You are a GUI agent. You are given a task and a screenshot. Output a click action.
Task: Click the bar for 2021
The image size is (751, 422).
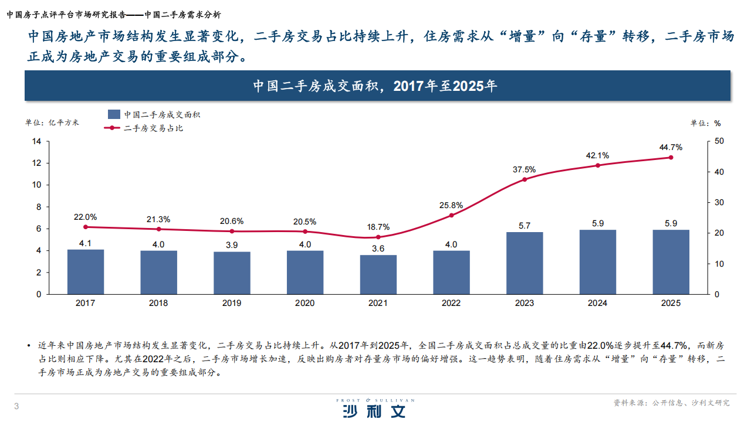tap(378, 274)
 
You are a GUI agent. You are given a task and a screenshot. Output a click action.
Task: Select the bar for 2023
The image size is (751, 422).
tap(525, 263)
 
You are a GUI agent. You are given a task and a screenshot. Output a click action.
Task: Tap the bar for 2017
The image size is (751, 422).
tap(86, 272)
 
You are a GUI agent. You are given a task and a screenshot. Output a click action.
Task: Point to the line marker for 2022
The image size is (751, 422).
tap(451, 215)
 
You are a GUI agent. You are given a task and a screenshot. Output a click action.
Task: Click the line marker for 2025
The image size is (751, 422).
tap(671, 157)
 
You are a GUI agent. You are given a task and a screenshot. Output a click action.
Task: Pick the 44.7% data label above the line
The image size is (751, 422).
tap(671, 147)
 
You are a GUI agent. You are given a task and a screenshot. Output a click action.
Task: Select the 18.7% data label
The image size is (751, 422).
tap(378, 227)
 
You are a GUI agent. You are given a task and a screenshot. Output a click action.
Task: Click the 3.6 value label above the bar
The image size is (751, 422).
tap(378, 249)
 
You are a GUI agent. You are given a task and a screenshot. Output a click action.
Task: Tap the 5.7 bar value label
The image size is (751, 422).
tap(525, 226)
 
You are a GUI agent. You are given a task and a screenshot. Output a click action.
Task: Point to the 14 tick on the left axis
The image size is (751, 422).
tap(36, 141)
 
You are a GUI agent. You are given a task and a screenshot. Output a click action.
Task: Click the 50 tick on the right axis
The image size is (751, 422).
tap(719, 141)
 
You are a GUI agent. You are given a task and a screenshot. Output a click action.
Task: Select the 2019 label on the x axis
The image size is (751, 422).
tap(232, 303)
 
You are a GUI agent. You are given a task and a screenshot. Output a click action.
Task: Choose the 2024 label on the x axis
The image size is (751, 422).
tap(598, 303)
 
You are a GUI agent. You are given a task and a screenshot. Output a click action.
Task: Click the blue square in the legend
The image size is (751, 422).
tap(114, 114)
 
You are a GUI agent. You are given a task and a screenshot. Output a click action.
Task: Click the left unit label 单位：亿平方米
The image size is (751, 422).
tap(52, 122)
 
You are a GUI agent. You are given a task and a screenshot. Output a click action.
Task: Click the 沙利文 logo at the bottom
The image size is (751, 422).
tap(375, 409)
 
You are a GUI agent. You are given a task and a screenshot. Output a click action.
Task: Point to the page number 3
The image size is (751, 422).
tap(16, 407)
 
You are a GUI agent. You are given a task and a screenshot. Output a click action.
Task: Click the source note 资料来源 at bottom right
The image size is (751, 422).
tap(671, 403)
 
